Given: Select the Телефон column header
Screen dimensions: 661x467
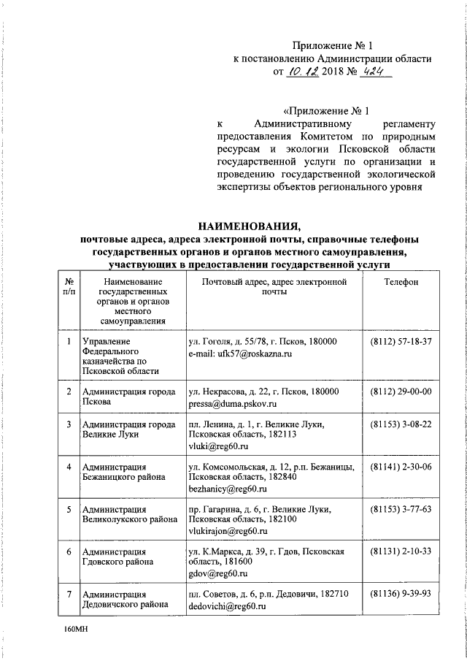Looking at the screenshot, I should click(x=401, y=281).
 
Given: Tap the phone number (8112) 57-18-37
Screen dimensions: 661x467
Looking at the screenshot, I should click(x=401, y=342).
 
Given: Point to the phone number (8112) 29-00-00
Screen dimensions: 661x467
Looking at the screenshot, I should click(x=401, y=391).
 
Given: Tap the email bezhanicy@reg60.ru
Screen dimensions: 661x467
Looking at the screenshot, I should click(x=224, y=488).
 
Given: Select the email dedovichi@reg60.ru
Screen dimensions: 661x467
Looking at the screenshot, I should click(x=225, y=606).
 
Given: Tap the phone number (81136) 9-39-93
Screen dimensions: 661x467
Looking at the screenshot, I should click(x=401, y=595).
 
